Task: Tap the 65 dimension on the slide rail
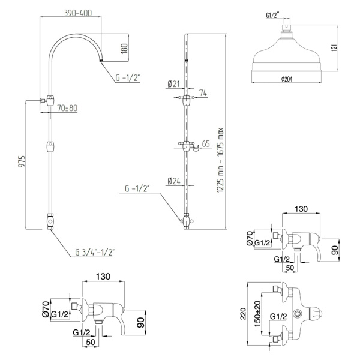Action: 206,143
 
